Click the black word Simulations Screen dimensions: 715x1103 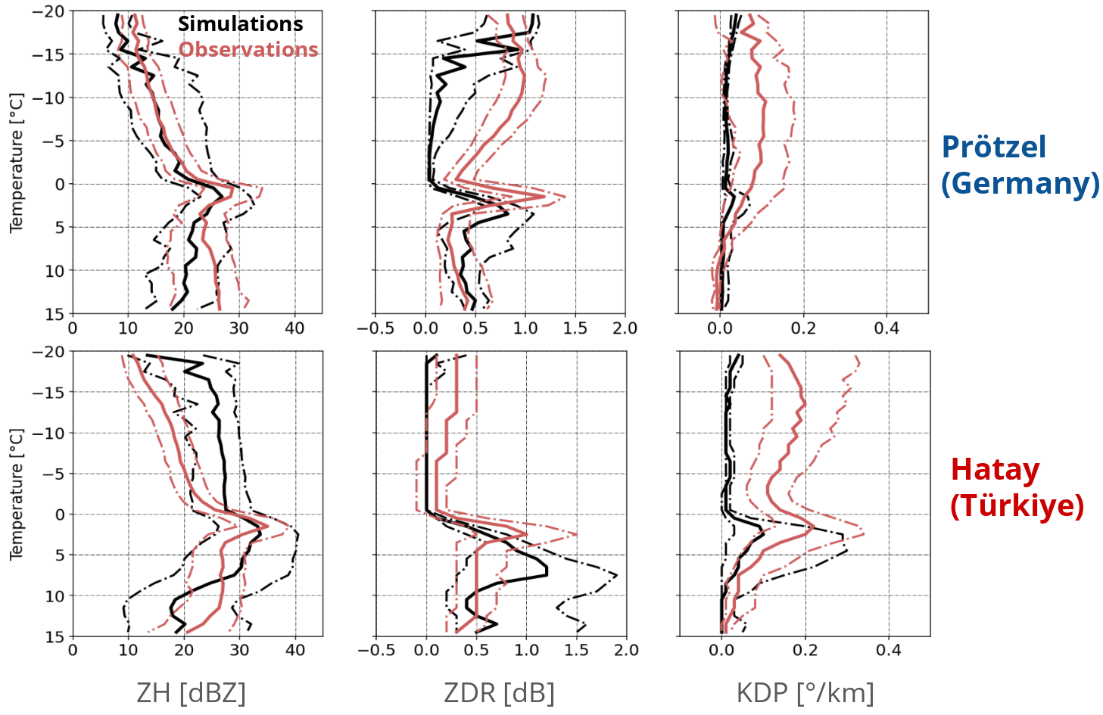click(x=240, y=24)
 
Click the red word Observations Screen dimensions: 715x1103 click(x=248, y=50)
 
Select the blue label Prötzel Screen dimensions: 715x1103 click(x=993, y=147)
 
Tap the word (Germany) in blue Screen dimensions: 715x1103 click(x=1020, y=183)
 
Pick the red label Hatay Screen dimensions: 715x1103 click(x=995, y=470)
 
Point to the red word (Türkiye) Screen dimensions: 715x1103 click(x=1017, y=505)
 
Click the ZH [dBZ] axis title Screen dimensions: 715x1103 click(x=191, y=692)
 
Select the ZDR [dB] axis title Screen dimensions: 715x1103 click(x=499, y=692)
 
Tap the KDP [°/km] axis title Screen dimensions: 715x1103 click(x=805, y=692)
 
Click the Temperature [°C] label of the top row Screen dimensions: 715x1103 click(x=17, y=163)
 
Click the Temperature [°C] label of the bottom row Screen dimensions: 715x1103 click(x=17, y=494)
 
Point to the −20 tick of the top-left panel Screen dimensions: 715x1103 click(x=49, y=11)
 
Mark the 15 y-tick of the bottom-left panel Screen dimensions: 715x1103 click(x=55, y=636)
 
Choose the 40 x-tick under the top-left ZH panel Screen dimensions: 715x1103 click(x=294, y=328)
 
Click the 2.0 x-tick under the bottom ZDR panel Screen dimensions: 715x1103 click(x=626, y=651)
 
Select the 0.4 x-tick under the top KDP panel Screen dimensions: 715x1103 click(x=886, y=328)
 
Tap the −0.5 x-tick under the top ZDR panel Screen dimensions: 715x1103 click(x=375, y=328)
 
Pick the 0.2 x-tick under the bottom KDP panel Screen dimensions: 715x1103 click(x=805, y=651)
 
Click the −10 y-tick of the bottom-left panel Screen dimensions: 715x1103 click(x=49, y=433)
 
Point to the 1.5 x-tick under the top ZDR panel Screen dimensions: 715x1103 click(x=575, y=328)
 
